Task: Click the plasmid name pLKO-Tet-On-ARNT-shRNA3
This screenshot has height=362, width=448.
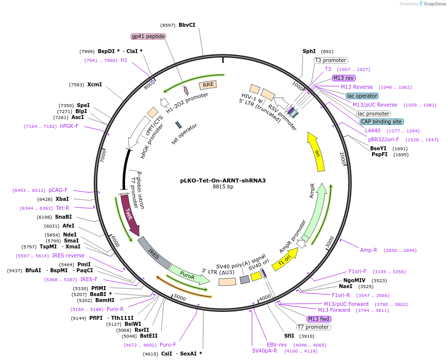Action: pyautogui.click(x=223, y=181)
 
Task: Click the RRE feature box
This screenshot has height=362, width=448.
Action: pyautogui.click(x=208, y=85)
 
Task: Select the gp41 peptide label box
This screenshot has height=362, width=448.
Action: pyautogui.click(x=148, y=36)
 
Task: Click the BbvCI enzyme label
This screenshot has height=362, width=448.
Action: pyautogui.click(x=187, y=25)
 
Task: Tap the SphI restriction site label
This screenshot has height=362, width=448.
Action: pyautogui.click(x=309, y=51)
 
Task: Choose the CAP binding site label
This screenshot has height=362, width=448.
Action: pyautogui.click(x=382, y=121)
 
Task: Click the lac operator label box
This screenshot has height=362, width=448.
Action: pyautogui.click(x=362, y=96)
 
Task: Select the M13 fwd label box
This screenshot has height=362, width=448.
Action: pyautogui.click(x=319, y=319)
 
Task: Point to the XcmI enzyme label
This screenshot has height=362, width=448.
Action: pyautogui.click(x=94, y=84)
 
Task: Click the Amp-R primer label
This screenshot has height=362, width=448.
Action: pyautogui.click(x=369, y=250)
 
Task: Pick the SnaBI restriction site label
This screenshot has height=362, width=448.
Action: pyautogui.click(x=64, y=217)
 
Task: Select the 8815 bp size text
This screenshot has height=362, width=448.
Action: pyautogui.click(x=223, y=187)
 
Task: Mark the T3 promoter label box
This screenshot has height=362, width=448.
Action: pyautogui.click(x=330, y=60)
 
